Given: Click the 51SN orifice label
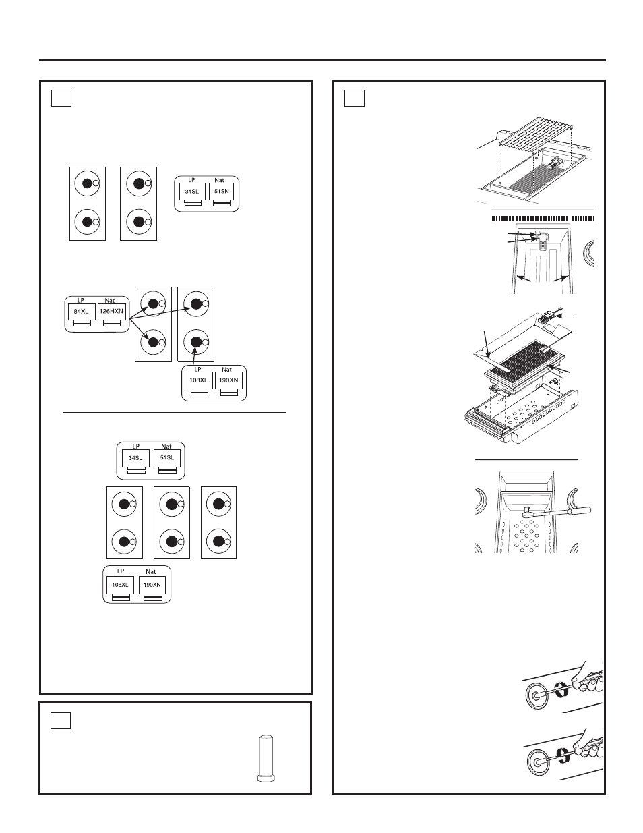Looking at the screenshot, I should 222,191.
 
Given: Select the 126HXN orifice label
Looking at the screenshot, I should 111,311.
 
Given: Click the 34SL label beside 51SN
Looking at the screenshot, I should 191,191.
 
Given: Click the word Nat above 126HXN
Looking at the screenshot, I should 111,301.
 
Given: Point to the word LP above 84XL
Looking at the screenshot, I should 79,301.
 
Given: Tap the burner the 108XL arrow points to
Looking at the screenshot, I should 195,342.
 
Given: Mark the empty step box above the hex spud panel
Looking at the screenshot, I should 61,721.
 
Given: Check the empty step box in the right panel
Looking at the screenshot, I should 355,98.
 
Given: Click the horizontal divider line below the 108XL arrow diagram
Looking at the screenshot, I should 175,411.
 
